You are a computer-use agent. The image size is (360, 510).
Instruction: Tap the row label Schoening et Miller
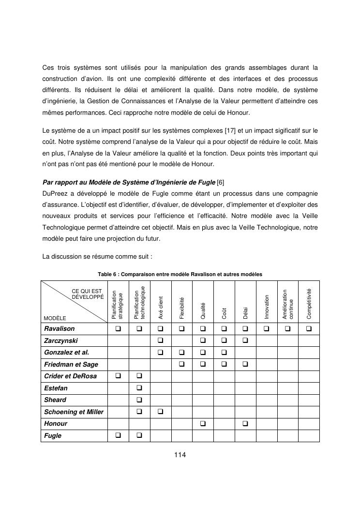pyautogui.click(x=74, y=412)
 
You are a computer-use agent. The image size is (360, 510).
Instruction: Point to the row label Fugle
pyautogui.click(x=53, y=435)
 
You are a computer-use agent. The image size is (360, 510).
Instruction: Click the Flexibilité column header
pyautogui.click(x=182, y=309)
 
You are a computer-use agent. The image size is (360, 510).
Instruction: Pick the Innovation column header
pyautogui.click(x=267, y=306)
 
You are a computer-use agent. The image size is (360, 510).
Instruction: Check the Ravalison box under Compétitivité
pyautogui.click(x=309, y=329)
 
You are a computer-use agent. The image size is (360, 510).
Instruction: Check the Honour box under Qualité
pyautogui.click(x=203, y=424)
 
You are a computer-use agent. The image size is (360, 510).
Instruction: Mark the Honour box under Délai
pyautogui.click(x=245, y=424)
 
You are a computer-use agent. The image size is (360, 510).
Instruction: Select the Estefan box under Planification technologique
pyautogui.click(x=139, y=388)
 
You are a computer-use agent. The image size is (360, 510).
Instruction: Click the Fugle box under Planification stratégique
pyautogui.click(x=118, y=435)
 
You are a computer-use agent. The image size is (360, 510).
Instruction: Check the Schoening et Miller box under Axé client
pyautogui.click(x=161, y=412)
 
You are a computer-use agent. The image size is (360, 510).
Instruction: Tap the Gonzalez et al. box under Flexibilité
pyautogui.click(x=182, y=353)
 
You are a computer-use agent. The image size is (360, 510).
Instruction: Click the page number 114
pyautogui.click(x=180, y=455)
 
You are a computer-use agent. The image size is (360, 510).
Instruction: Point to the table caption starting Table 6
pyautogui.click(x=180, y=274)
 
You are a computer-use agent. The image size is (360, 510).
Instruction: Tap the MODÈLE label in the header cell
pyautogui.click(x=55, y=318)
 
